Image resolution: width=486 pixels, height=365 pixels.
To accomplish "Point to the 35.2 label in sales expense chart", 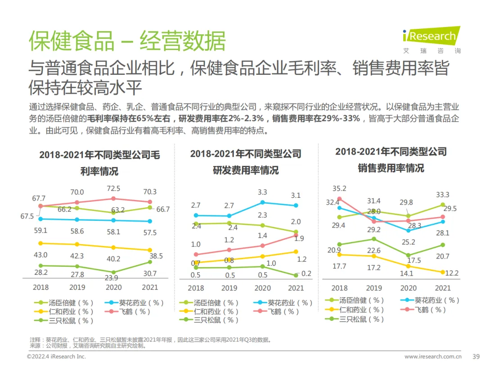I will click(x=339, y=189).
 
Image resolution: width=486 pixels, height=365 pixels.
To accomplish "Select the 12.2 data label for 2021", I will click(x=453, y=273).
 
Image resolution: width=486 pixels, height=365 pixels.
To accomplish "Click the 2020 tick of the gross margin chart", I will click(x=113, y=287).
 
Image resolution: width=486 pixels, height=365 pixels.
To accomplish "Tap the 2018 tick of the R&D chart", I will click(x=196, y=288).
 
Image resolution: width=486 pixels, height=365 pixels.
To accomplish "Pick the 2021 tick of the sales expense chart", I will click(x=443, y=288).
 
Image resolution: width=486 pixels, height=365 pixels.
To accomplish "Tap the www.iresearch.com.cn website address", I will click(x=432, y=356).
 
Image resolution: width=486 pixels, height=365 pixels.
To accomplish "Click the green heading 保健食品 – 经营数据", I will click(x=127, y=41).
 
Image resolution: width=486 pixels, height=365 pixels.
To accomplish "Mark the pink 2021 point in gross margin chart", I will click(x=150, y=202).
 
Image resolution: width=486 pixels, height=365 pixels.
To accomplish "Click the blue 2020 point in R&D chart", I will click(x=263, y=202).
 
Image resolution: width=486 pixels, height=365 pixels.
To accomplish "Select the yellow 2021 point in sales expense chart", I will click(x=443, y=272).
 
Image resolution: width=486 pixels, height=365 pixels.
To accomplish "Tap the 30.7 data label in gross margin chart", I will click(x=149, y=274).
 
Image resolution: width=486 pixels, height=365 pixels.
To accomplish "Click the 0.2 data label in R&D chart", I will click(x=307, y=273).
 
